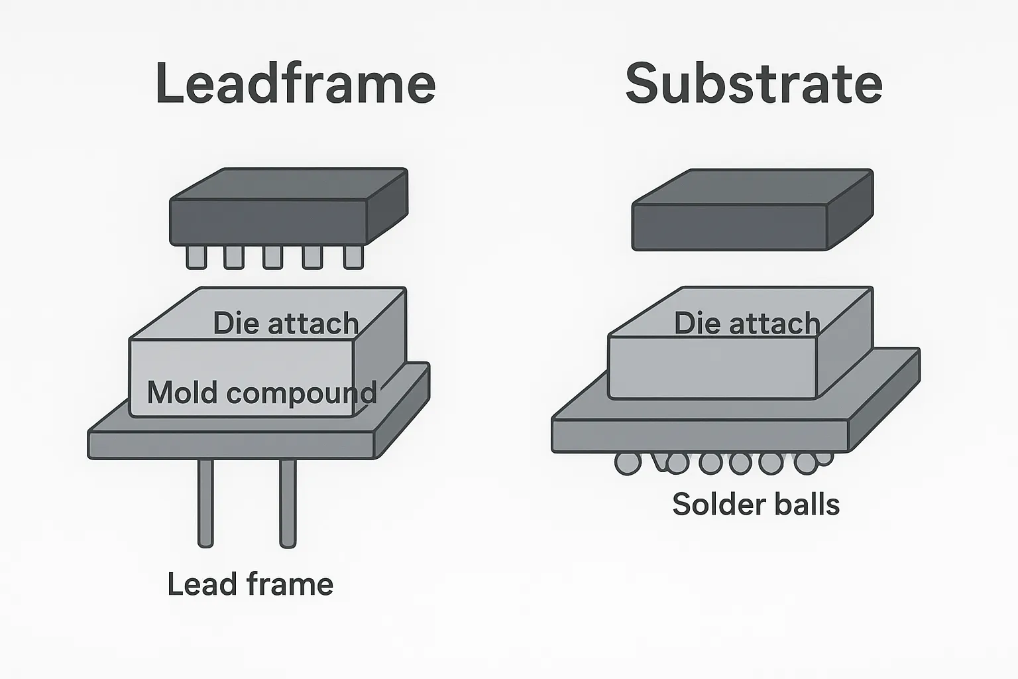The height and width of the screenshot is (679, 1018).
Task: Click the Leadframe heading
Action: pos(295,84)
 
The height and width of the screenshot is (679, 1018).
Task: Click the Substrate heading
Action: pos(754,84)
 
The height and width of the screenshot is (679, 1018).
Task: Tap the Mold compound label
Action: pos(262,393)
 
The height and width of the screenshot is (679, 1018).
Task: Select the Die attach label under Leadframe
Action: pos(286,324)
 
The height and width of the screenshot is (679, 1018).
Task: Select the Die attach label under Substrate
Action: pos(747,324)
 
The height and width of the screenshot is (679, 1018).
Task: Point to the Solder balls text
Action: pos(756,505)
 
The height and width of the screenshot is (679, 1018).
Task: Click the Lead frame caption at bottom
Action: pos(250,585)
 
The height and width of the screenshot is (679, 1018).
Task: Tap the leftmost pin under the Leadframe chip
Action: pos(196,257)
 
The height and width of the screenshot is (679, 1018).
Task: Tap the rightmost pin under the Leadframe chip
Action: pos(353,257)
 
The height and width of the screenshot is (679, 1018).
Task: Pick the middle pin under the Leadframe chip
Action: pos(272,257)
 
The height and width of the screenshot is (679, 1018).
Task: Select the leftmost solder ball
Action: pos(627,463)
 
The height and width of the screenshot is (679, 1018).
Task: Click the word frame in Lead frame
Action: pos(290,585)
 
